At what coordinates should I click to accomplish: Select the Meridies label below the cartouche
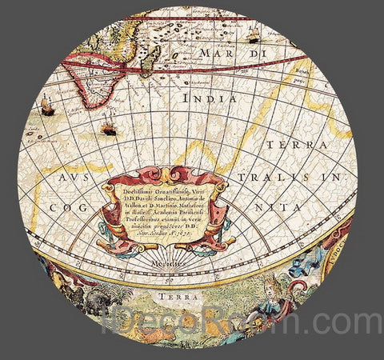click(170, 260)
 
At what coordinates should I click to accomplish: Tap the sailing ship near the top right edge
click(254, 34)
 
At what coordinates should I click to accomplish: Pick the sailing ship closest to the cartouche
click(108, 124)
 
